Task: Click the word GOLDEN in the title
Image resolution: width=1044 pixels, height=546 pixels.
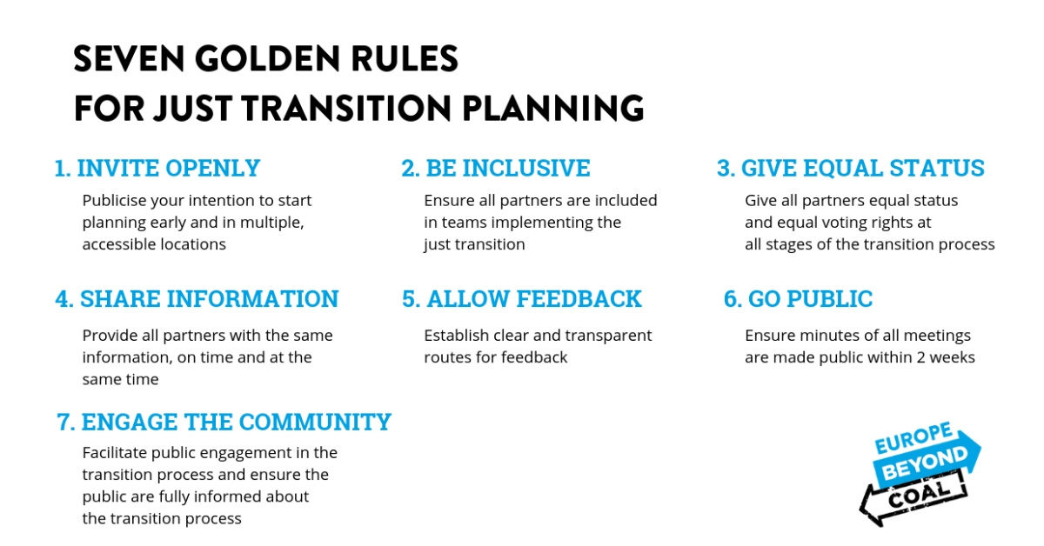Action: (267, 59)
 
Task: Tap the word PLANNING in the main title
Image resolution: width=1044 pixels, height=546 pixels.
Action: (552, 108)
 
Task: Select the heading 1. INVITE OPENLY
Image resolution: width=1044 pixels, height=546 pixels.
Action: (157, 168)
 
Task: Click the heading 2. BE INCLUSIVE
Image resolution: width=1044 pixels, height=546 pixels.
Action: (495, 168)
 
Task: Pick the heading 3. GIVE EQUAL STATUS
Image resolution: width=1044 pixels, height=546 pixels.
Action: (851, 168)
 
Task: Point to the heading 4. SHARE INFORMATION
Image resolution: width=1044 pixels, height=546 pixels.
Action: (197, 298)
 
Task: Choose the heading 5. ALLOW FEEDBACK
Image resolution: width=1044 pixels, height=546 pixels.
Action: (521, 298)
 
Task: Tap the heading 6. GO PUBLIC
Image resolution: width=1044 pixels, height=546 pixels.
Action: (798, 298)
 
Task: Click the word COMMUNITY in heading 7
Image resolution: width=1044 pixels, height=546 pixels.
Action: (315, 422)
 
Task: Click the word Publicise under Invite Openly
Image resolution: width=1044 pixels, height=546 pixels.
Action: (114, 201)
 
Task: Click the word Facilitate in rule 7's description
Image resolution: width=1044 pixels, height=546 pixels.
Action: (114, 453)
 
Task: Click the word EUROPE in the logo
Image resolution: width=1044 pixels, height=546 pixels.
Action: (913, 437)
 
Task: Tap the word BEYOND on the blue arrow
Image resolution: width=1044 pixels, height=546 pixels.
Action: (925, 463)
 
